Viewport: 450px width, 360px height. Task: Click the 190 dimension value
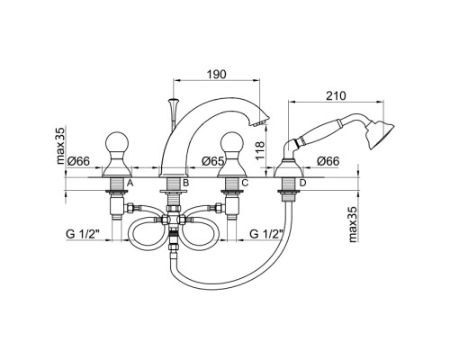217,74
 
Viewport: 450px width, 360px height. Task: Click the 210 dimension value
336,95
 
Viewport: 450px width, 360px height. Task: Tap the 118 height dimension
260,149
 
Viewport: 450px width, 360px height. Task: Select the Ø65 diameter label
213,161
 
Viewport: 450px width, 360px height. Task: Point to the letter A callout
130,183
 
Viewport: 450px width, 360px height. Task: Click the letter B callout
185,183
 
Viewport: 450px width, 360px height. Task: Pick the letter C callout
245,183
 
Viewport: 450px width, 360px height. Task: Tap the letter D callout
302,183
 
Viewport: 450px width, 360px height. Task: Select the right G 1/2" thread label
266,234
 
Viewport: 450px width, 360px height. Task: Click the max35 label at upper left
60,146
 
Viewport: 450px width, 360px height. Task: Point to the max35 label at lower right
354,224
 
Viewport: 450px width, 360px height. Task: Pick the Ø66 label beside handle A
78,161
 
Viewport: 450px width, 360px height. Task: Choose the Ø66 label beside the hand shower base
328,161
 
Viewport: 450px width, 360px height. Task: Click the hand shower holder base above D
289,168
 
